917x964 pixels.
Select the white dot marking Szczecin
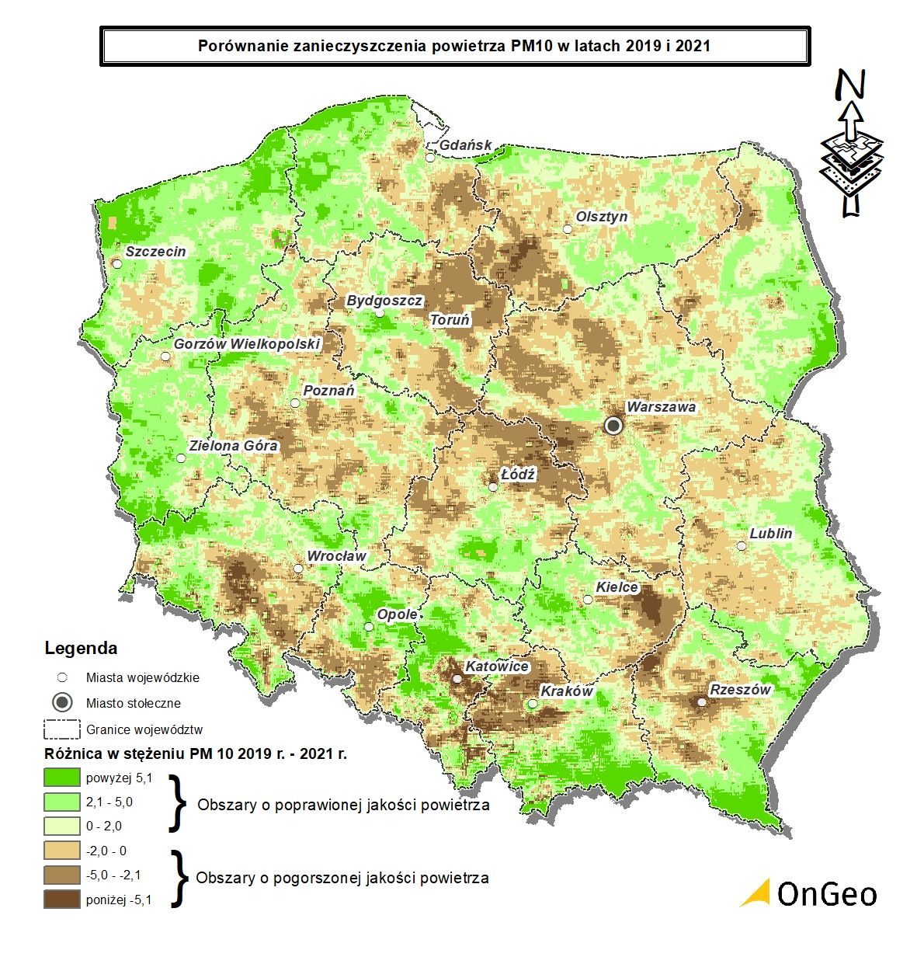pyautogui.click(x=117, y=263)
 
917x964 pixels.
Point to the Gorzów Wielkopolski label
pyautogui.click(x=247, y=343)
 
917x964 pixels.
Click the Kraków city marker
pyautogui.click(x=532, y=705)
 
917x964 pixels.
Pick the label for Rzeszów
pyautogui.click(x=740, y=689)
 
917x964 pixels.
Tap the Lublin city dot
pyautogui.click(x=742, y=546)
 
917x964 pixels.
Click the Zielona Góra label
pyautogui.click(x=233, y=446)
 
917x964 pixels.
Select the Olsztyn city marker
pyautogui.click(x=568, y=229)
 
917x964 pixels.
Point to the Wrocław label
pyautogui.click(x=336, y=556)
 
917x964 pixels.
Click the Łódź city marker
pyautogui.click(x=493, y=487)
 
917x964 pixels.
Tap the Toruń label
pyautogui.click(x=450, y=319)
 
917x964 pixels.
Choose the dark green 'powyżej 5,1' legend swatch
pyautogui.click(x=62, y=777)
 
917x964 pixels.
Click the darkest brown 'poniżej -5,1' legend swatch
pyautogui.click(x=62, y=900)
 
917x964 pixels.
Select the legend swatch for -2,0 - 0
pyautogui.click(x=62, y=851)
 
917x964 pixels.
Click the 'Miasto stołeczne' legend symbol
pyautogui.click(x=63, y=703)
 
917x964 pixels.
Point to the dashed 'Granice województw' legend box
pyautogui.click(x=62, y=729)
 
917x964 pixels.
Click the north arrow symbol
pyautogui.click(x=852, y=144)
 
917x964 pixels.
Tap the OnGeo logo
pyautogui.click(x=808, y=893)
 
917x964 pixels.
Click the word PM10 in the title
pyautogui.click(x=532, y=46)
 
